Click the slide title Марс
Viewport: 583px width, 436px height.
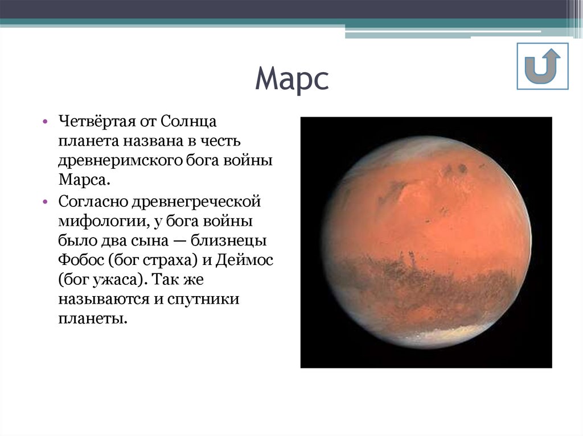tap(291, 80)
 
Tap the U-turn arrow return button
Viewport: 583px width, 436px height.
tap(542, 66)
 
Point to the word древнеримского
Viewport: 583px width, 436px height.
tap(120, 161)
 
